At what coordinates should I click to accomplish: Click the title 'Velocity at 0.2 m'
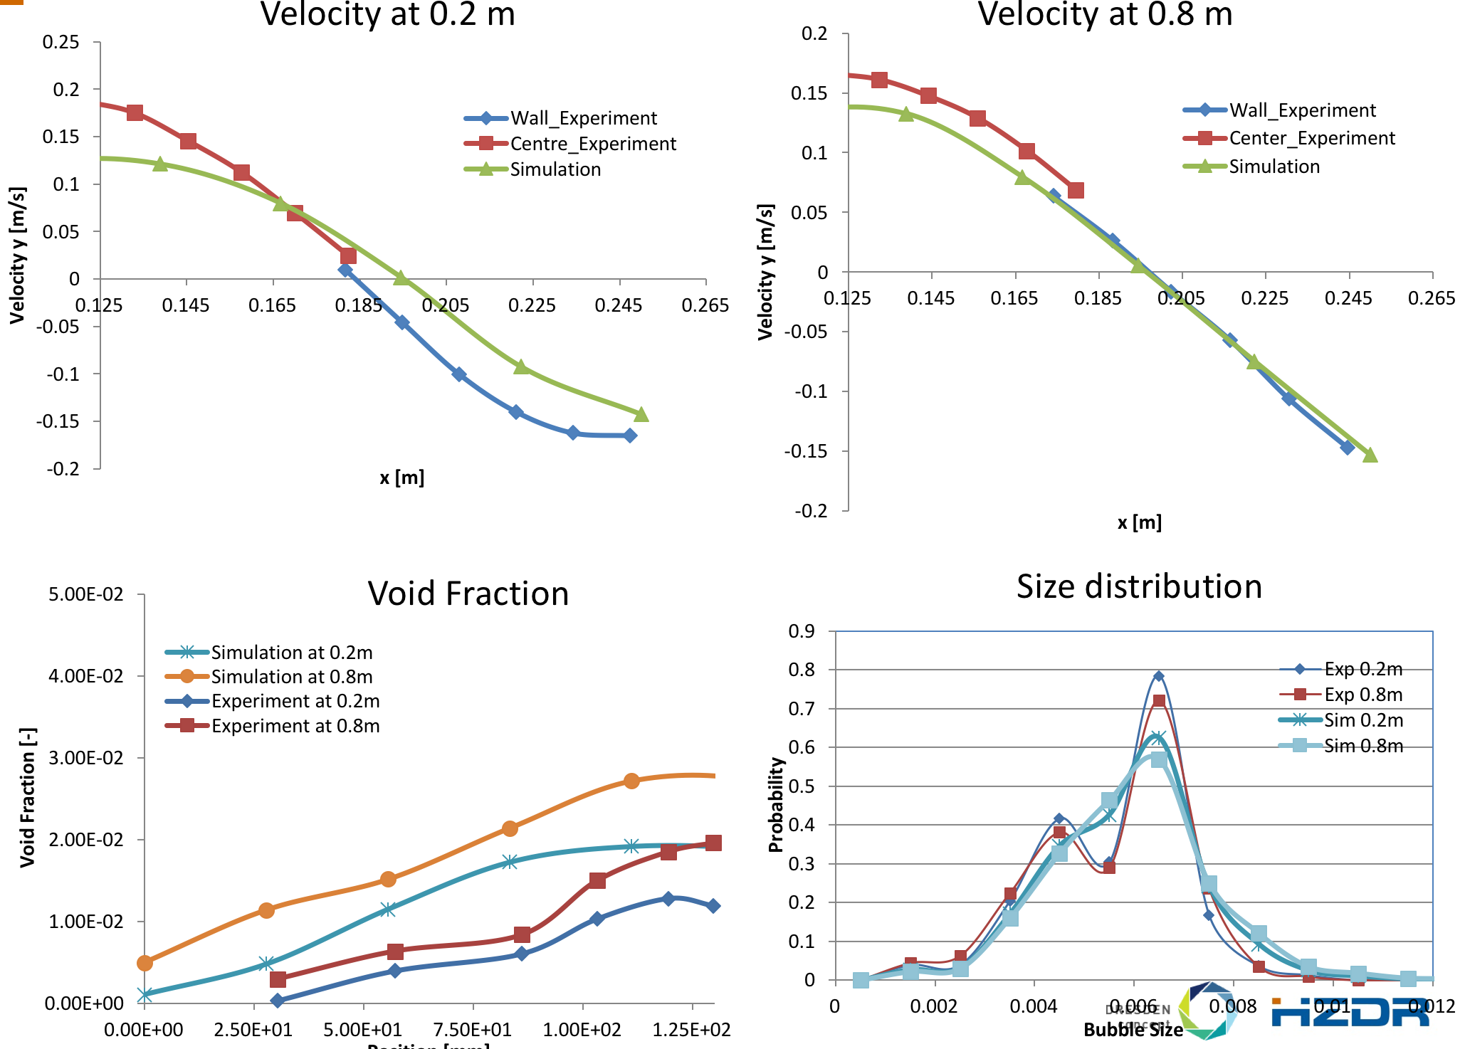point(388,14)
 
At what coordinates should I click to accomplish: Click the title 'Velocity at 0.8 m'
point(1105,14)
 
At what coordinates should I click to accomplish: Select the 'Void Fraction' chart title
point(468,594)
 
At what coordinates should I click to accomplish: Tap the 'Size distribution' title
point(1139,586)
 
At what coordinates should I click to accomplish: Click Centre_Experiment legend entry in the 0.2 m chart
point(592,144)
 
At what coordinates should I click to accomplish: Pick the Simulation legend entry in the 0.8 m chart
point(1274,167)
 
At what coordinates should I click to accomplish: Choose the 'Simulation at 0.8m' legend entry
point(291,677)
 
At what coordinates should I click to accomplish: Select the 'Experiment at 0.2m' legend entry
point(295,701)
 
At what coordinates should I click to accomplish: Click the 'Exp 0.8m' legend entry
point(1362,695)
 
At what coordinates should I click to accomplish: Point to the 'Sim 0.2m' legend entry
point(1362,720)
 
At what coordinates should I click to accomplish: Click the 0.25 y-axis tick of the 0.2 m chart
point(61,42)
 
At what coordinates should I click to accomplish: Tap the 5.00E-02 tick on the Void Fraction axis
point(85,594)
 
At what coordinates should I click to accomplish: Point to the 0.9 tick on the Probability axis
point(802,631)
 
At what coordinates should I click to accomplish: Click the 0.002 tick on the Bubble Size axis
point(934,1006)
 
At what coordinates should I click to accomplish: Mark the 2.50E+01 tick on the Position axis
point(253,1030)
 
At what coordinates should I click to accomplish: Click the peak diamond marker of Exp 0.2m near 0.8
point(1159,676)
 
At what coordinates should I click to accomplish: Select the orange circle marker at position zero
point(145,963)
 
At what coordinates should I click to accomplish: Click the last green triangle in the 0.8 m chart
point(1370,455)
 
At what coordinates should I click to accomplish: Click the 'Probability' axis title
point(776,804)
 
